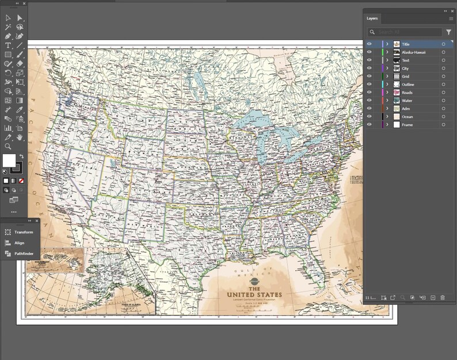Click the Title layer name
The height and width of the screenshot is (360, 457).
coord(406,44)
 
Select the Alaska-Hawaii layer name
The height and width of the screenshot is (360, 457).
coord(413,52)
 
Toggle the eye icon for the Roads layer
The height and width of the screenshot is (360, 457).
coord(369,93)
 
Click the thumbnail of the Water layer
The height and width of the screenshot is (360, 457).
coord(397,101)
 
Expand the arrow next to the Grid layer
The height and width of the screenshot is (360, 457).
coord(387,76)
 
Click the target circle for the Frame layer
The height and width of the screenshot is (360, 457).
coord(443,125)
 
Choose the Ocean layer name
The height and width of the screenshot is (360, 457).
coord(407,117)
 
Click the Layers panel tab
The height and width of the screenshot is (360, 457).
coord(372,18)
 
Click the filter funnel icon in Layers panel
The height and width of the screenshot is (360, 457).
coord(448,33)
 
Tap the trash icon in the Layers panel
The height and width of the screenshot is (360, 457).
coord(443,297)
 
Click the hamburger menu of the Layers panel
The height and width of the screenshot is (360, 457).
coord(451,18)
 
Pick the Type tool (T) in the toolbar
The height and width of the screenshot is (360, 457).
coord(8,45)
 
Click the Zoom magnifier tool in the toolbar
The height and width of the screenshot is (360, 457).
coord(8,147)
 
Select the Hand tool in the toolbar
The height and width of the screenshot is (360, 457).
coord(20,137)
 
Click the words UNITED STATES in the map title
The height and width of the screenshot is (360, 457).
coord(254,295)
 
